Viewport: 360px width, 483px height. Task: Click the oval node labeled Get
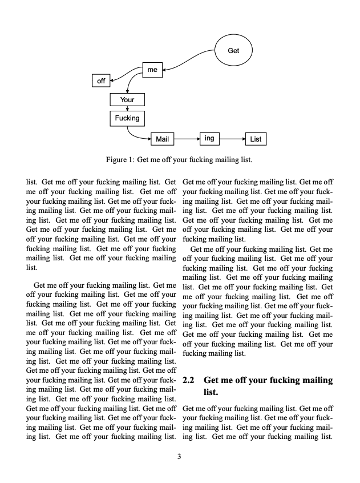point(233,50)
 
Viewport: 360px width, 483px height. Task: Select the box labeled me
point(152,70)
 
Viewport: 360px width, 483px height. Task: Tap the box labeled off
point(101,81)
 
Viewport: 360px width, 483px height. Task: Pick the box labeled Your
point(127,100)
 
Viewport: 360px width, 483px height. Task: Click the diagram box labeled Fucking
point(127,118)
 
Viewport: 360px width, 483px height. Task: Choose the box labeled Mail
point(163,139)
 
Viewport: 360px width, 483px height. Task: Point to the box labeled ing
point(209,138)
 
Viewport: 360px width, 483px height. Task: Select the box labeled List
point(256,139)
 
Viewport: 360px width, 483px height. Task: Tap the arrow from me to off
point(126,73)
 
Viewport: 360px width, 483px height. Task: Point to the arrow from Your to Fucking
point(127,108)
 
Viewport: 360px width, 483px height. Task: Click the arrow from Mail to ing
point(187,139)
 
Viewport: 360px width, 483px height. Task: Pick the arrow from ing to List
point(232,139)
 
